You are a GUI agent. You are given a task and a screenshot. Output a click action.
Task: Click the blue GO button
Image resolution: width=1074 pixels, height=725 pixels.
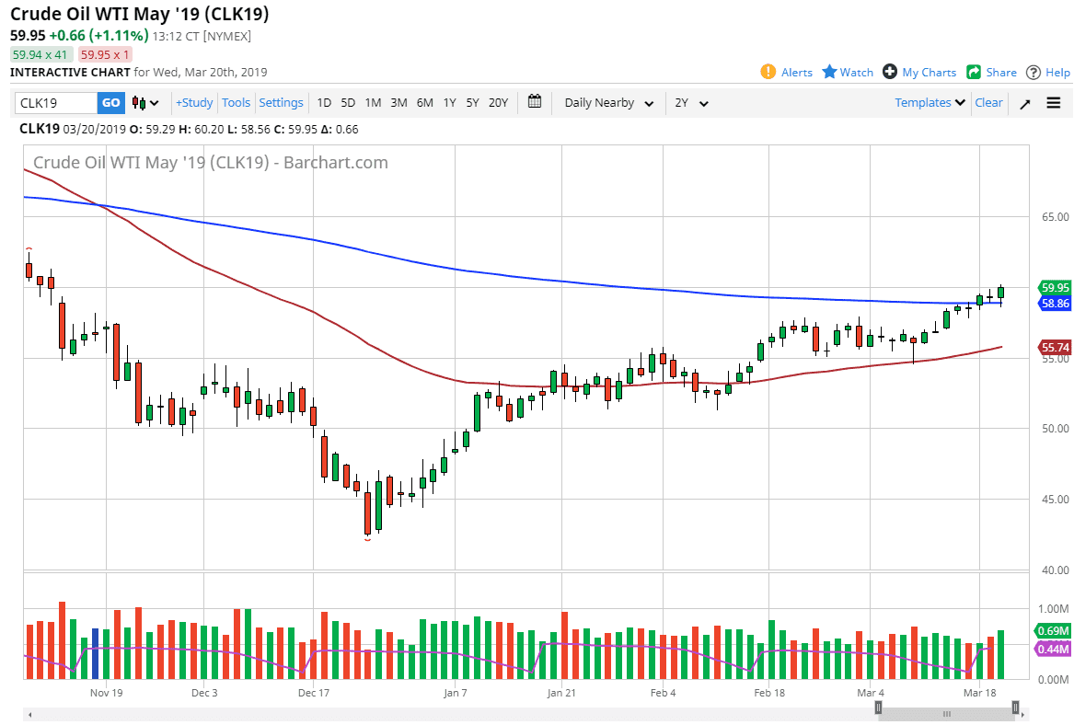110,103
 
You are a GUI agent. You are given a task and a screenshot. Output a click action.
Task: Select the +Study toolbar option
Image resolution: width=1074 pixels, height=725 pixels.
194,103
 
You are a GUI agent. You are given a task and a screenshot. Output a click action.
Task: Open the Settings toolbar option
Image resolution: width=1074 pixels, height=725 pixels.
281,103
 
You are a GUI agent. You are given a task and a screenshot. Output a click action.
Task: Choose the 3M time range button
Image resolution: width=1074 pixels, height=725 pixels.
398,103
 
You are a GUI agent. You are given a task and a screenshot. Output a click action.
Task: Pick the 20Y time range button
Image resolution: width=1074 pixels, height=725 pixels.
498,103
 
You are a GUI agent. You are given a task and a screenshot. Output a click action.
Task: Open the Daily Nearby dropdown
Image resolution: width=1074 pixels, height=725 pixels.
608,103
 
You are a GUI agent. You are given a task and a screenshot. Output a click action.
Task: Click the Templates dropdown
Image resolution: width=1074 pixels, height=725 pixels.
930,103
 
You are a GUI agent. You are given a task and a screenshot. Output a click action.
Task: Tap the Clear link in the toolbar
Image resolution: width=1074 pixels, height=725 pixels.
988,103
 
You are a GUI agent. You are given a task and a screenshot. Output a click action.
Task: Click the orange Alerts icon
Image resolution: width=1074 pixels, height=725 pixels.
768,72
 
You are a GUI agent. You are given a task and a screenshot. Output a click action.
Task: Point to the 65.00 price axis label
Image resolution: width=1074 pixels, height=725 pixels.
1055,217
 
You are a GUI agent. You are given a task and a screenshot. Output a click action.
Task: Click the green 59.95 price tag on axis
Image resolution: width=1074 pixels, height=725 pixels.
1055,287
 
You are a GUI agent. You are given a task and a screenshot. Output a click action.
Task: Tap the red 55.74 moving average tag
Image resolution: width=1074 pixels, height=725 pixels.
1055,347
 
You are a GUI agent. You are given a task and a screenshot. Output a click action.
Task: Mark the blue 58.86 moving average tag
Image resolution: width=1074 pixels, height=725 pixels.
1055,303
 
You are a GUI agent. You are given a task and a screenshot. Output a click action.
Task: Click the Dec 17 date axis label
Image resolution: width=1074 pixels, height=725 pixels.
314,693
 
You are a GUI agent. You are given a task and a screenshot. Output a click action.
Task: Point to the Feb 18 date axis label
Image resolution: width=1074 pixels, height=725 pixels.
768,693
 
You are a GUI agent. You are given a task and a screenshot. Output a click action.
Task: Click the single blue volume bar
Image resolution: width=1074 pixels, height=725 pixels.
96,654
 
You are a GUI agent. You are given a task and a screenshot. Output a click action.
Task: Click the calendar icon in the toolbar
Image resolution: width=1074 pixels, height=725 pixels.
535,103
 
